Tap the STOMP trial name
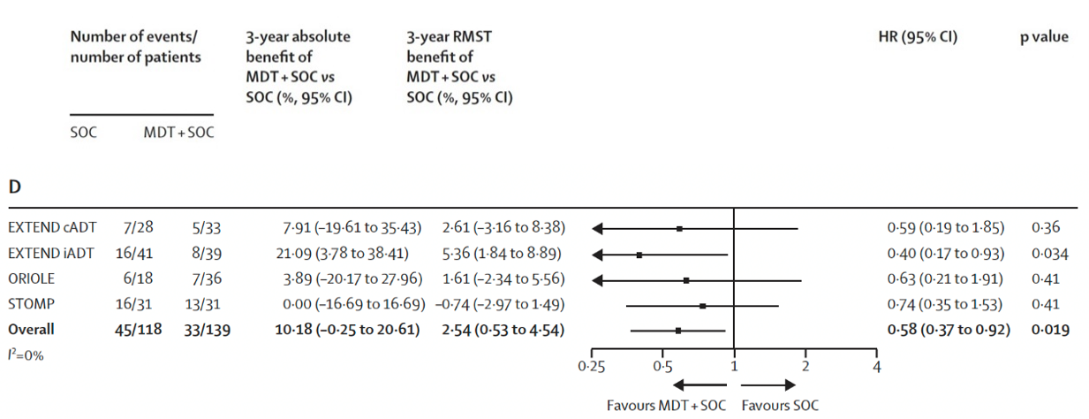point(29,305)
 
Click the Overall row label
point(31,330)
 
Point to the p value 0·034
point(1050,254)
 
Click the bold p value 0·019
point(1050,330)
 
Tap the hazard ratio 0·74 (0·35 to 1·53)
point(945,305)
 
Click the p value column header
point(1043,37)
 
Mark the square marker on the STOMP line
point(703,306)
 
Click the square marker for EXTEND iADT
point(639,255)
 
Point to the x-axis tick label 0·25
point(590,367)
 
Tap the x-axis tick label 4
point(877,367)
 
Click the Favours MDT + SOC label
point(667,406)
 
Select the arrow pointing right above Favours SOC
point(768,385)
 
